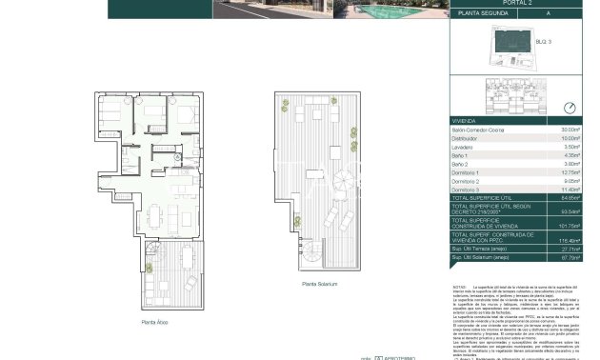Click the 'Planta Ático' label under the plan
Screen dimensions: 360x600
tap(155, 323)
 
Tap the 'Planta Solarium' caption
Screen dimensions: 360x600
tap(320, 285)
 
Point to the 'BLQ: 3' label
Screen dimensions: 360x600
tap(543, 43)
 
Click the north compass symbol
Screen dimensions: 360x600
tap(570, 109)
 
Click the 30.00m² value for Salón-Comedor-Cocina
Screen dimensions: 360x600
tap(570, 130)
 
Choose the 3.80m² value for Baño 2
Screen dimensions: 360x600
tap(571, 165)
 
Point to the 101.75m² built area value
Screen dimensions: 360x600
tap(570, 227)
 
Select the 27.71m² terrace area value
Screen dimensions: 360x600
tap(570, 250)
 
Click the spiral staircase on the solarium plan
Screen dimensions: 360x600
tap(313, 250)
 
